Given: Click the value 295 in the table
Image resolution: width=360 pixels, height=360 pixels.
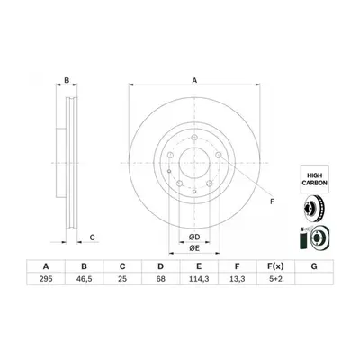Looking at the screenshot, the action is click(x=46, y=279).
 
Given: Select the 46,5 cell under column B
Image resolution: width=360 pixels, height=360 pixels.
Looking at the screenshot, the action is click(x=85, y=279).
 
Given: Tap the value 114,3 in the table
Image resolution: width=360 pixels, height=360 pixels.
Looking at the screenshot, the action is click(x=199, y=279).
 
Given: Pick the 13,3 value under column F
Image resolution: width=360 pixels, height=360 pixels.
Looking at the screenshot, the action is click(x=237, y=279).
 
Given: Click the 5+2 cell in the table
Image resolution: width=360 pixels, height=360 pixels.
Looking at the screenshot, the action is click(x=275, y=279).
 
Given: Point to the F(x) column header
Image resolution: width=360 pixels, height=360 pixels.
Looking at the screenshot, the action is click(x=275, y=266).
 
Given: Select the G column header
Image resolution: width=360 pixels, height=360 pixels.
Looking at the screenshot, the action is click(x=314, y=266).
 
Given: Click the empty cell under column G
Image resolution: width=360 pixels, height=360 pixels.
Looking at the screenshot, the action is click(x=314, y=279).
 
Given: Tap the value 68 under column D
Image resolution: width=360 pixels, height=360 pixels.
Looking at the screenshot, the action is click(x=161, y=279).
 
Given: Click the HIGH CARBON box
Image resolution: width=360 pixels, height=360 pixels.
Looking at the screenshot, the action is click(x=314, y=179).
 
